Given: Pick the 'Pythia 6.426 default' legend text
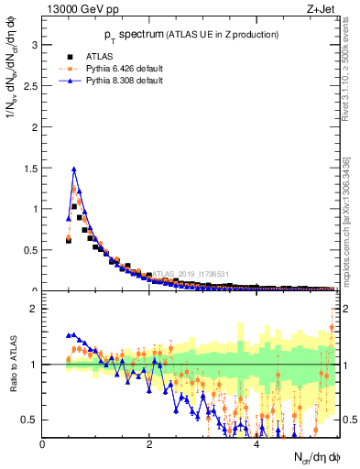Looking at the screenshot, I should coord(125,68).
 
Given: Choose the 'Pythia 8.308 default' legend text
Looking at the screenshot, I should coord(125,81).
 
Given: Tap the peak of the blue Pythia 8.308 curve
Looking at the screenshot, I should coord(74,169).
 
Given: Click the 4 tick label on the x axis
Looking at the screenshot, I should coord(256,444).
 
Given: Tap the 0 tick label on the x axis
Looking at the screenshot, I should coord(43,444).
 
